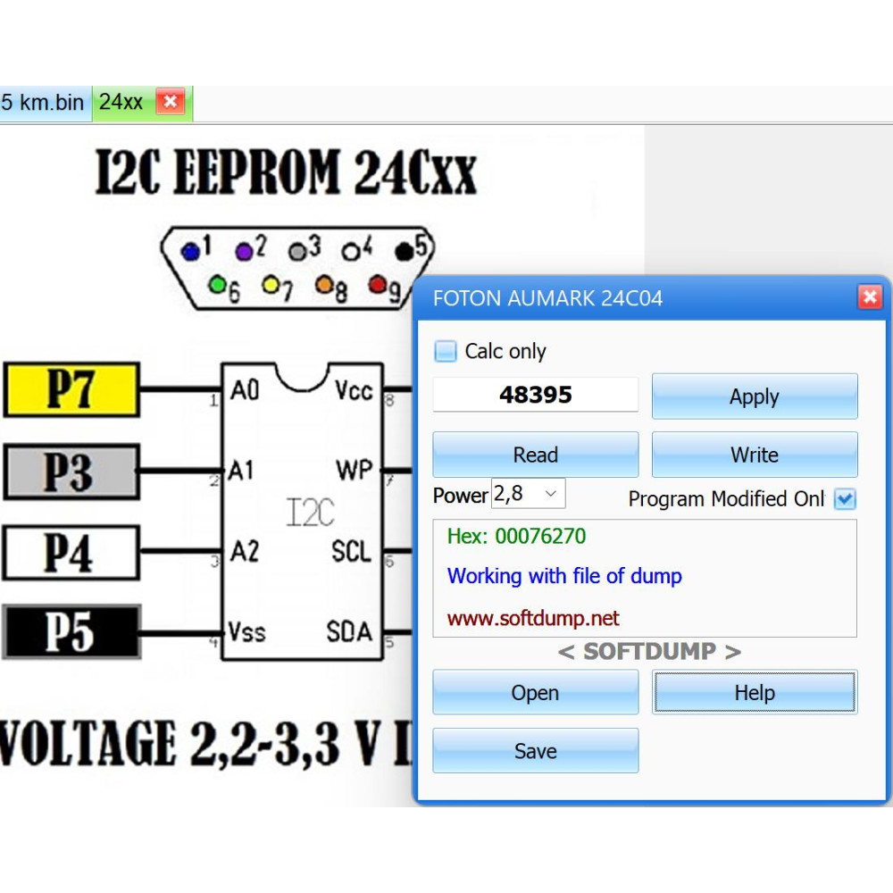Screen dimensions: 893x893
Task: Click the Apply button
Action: tap(755, 396)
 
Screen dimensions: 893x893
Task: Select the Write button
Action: tap(755, 455)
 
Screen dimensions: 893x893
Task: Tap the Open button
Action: tap(535, 692)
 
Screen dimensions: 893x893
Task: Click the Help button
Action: tap(755, 692)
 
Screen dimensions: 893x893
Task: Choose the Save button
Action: tap(535, 751)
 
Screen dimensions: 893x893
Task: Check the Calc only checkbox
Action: tap(446, 351)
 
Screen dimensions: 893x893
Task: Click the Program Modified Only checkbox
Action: tap(845, 499)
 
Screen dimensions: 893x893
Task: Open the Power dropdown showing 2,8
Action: tap(528, 493)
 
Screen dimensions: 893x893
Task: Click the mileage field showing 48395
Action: tap(535, 394)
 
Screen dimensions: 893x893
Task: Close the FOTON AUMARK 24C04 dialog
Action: tap(870, 296)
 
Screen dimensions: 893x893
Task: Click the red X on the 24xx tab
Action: tap(171, 102)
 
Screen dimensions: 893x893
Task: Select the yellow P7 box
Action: tap(71, 389)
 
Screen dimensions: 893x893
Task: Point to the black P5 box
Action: tap(71, 632)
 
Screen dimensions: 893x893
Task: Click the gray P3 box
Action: tap(71, 472)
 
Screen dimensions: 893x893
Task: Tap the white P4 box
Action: tap(71, 553)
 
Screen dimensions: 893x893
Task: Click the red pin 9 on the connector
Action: tap(377, 284)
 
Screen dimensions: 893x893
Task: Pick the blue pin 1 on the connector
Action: tap(190, 251)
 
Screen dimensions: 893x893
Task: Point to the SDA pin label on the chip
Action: tap(348, 631)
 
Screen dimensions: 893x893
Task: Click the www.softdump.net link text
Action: tap(533, 618)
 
